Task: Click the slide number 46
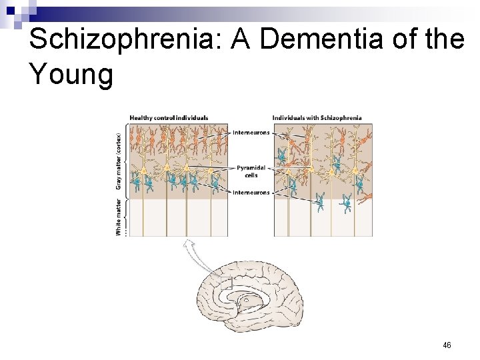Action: [447, 345]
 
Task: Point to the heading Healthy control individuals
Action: [168, 118]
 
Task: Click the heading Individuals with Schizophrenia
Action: [317, 118]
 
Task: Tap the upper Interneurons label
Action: [251, 133]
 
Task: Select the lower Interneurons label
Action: [251, 193]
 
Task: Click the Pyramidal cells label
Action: [251, 171]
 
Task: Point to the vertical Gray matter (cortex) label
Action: [118, 160]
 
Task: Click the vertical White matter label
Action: [118, 217]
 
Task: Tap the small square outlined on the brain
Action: [226, 283]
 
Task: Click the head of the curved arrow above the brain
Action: [188, 244]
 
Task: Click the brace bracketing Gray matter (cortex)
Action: [124, 160]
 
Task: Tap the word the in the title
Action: [444, 40]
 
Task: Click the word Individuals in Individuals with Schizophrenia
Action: [288, 118]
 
